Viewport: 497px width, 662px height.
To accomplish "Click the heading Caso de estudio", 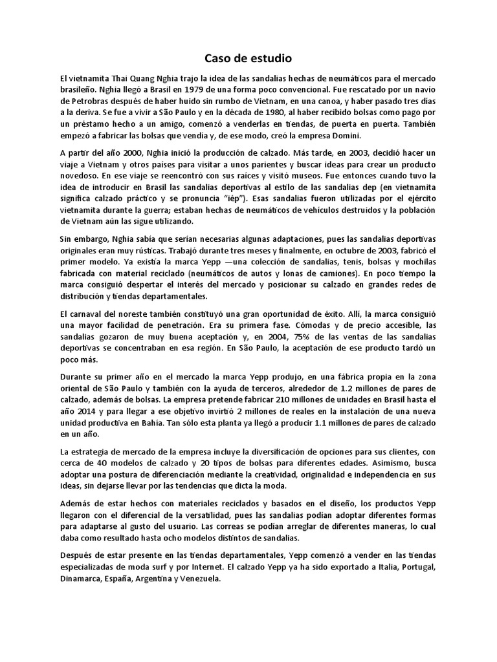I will [248, 58].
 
